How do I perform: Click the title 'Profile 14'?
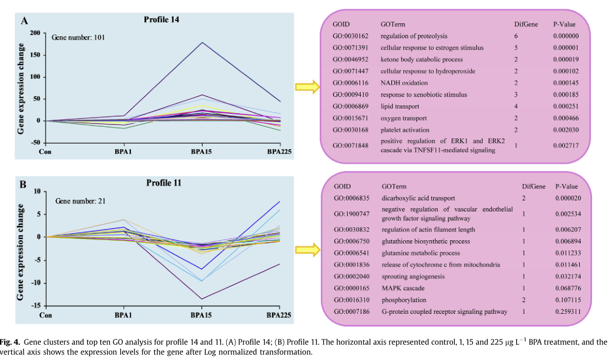(x=162, y=19)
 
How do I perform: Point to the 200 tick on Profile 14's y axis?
(x=36, y=33)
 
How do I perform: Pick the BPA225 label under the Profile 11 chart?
(x=279, y=316)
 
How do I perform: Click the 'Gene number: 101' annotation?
(x=78, y=37)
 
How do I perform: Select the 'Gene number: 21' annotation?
(x=80, y=201)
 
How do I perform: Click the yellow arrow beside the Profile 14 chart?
(x=306, y=88)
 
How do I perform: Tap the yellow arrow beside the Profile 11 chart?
(x=306, y=250)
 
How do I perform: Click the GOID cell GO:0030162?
(x=348, y=36)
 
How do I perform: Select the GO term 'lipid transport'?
(x=399, y=106)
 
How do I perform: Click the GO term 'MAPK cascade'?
(x=401, y=288)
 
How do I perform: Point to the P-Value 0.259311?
(x=568, y=311)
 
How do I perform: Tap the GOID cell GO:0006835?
(x=350, y=198)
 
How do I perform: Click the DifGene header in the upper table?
(x=525, y=24)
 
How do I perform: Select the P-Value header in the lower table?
(x=566, y=186)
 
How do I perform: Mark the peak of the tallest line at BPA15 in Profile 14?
(x=202, y=42)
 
